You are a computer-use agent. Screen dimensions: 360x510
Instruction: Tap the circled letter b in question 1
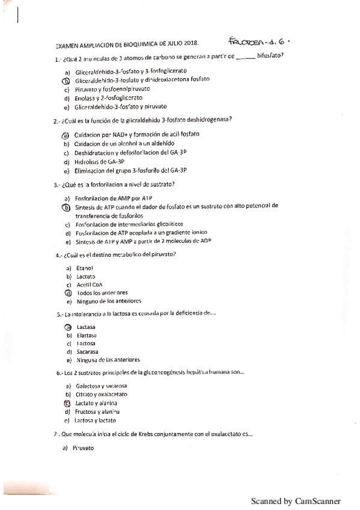[x=66, y=81]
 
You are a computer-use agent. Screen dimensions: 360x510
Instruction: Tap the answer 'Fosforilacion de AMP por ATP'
[x=114, y=198]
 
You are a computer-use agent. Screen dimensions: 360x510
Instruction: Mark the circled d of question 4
[x=68, y=293]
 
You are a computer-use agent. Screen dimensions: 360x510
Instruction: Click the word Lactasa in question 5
[x=87, y=327]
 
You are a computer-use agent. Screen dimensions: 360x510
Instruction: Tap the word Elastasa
[x=87, y=335]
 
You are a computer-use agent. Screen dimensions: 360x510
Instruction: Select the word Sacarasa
[x=88, y=352]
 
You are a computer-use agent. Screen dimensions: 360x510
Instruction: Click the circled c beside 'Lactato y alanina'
[x=67, y=403]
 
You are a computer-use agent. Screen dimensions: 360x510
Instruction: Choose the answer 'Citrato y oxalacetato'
[x=102, y=394]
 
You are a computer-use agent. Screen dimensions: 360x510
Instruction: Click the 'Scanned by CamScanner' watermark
[x=296, y=501]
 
